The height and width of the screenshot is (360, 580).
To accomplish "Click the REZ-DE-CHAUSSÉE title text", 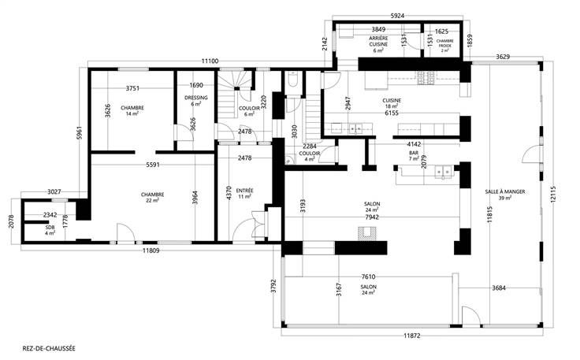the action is pos(49,348).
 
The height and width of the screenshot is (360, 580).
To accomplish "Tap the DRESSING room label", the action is pos(196,98).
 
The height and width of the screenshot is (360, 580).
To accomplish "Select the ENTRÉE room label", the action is pos(244,191).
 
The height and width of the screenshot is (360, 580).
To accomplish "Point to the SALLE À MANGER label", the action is pos(505,191).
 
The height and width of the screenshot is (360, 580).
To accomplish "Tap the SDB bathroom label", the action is pos(50,228).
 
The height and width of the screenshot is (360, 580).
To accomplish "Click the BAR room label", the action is pos(414,153).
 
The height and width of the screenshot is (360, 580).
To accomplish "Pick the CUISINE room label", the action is pos(392,101).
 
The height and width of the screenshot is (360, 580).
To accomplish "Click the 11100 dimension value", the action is pos(210,61).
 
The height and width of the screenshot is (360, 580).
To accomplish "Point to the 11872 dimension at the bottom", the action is pos(411,336).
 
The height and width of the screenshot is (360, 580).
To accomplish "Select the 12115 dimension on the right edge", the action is pos(553,194).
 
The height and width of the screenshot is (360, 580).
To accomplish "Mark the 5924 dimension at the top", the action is pos(397,16).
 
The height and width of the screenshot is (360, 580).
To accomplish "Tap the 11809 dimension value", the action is pos(151,251).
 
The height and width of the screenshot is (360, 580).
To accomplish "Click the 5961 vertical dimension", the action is pos(79,133).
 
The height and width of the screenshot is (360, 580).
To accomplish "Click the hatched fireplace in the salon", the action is pos(367,234).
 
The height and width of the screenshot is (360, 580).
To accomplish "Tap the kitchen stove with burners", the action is pos(426,78).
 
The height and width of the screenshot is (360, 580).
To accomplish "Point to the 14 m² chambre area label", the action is pos(132,114).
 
